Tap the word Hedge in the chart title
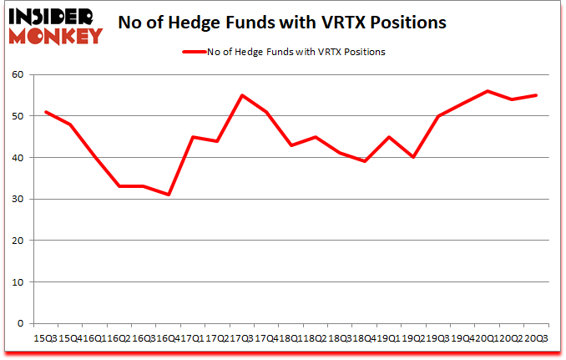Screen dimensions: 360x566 click(215, 23)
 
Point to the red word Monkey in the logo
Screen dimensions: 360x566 click(55, 35)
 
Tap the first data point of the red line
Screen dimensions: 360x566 click(45, 112)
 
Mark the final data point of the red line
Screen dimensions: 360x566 click(536, 95)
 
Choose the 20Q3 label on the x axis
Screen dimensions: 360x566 click(536, 338)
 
